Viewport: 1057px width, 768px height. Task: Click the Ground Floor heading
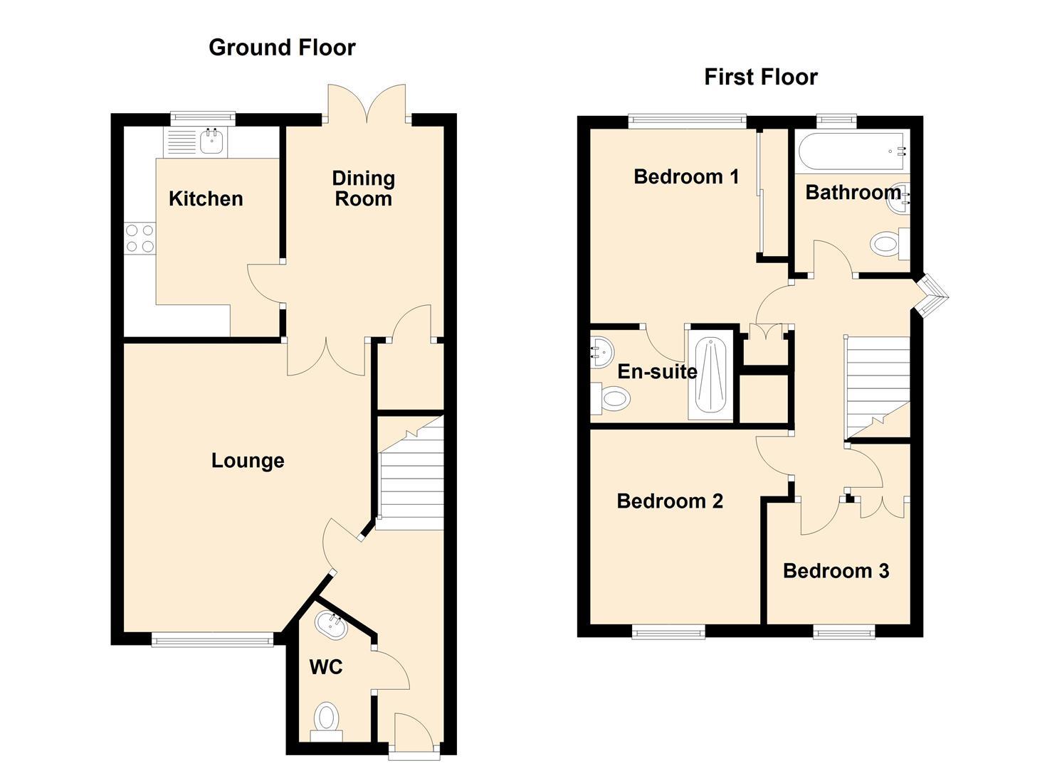(282, 48)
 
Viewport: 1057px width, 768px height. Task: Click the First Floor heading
(760, 77)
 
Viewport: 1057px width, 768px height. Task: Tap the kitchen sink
(211, 142)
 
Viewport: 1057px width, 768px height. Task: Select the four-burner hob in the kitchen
(140, 238)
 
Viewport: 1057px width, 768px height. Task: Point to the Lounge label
(248, 461)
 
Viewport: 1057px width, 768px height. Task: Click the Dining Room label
(363, 188)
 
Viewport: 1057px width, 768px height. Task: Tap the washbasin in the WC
(331, 626)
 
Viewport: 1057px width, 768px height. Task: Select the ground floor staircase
(409, 473)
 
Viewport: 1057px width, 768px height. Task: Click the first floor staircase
(876, 388)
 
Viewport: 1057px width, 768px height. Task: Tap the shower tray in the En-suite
(710, 378)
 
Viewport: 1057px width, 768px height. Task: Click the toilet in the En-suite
(612, 399)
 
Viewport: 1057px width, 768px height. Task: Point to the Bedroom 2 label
(669, 501)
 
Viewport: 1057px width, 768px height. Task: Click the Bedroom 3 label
(836, 571)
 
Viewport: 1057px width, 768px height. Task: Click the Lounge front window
(212, 640)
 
